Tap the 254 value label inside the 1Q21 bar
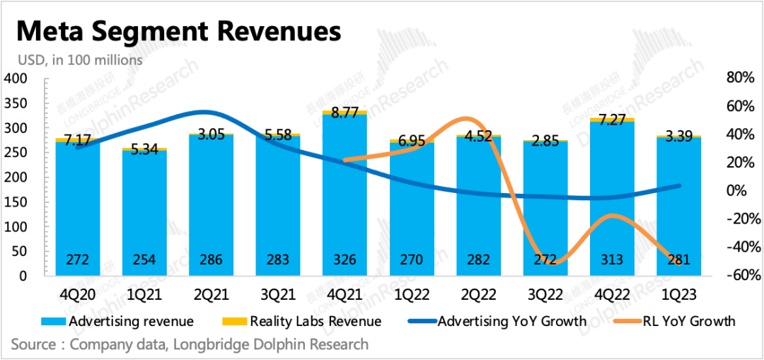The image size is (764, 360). [x=145, y=260]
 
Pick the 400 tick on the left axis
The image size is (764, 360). [x=15, y=79]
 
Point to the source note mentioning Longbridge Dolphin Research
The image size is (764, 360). [x=190, y=344]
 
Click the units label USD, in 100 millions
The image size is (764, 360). [x=76, y=60]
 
